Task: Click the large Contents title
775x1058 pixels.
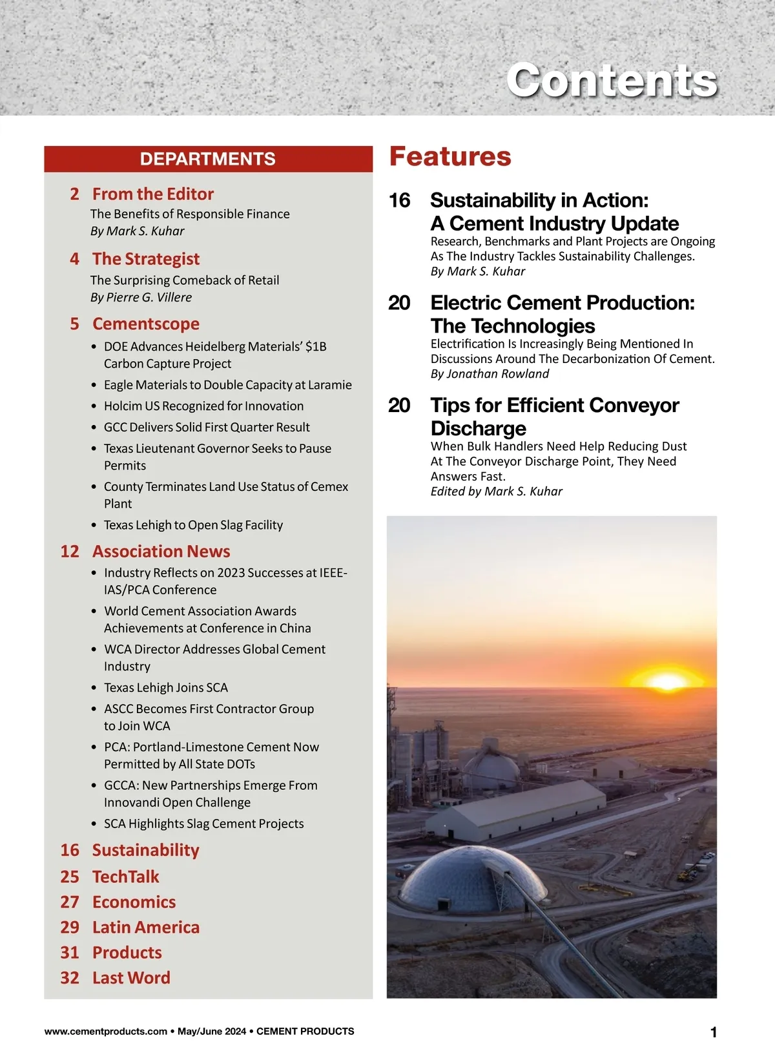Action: point(612,81)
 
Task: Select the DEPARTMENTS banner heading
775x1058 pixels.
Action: point(208,159)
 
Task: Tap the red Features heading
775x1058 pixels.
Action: point(450,157)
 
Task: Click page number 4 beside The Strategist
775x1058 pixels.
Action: point(75,259)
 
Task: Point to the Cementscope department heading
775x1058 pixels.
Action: point(146,324)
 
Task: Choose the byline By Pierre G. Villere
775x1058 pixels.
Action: point(141,297)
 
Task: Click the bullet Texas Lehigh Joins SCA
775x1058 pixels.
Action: point(166,687)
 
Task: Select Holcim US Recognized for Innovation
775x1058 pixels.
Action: point(203,406)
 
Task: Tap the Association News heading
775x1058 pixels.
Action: point(161,551)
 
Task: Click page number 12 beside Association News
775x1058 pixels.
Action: point(70,552)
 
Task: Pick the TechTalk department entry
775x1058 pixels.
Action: point(125,876)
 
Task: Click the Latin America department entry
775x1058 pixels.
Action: point(146,927)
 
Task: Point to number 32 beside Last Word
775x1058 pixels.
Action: point(70,978)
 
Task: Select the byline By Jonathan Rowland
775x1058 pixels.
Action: point(490,374)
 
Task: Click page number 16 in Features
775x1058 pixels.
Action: point(399,200)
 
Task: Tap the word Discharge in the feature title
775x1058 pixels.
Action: point(479,428)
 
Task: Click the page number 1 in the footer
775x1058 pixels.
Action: point(714,1032)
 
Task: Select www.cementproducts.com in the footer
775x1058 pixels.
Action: point(106,1032)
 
